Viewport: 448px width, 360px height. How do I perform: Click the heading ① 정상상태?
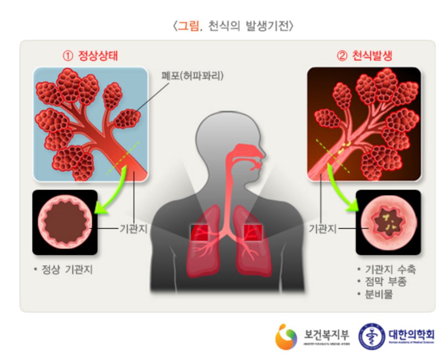point(90,56)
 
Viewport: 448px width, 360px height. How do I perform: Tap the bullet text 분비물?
point(381,295)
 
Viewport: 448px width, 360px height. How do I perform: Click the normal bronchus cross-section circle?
point(65,222)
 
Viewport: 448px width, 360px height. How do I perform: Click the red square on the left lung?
point(199,232)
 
